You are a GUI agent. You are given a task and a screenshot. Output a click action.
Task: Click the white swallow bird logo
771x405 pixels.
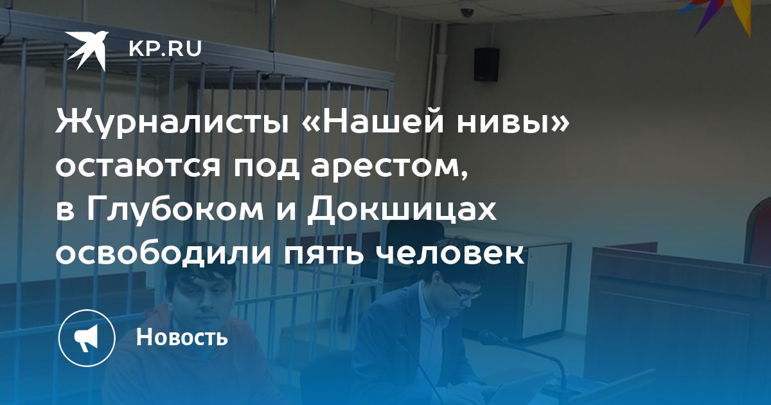[x=87, y=50]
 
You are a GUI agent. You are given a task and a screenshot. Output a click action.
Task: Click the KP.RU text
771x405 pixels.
[x=165, y=49]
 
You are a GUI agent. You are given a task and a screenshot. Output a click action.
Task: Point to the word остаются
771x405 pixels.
[x=138, y=167]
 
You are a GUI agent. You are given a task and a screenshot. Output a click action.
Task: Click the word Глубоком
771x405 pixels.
[x=175, y=210]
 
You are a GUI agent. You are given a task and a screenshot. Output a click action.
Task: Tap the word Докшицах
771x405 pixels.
[x=402, y=211]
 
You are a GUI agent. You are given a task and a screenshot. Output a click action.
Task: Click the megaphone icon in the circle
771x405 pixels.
[x=86, y=337]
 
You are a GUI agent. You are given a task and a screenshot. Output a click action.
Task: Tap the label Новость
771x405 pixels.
[x=182, y=336]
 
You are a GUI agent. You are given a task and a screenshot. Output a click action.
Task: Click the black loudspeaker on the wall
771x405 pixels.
[x=486, y=64]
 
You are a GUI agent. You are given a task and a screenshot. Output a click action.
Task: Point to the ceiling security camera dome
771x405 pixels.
[x=467, y=13]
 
